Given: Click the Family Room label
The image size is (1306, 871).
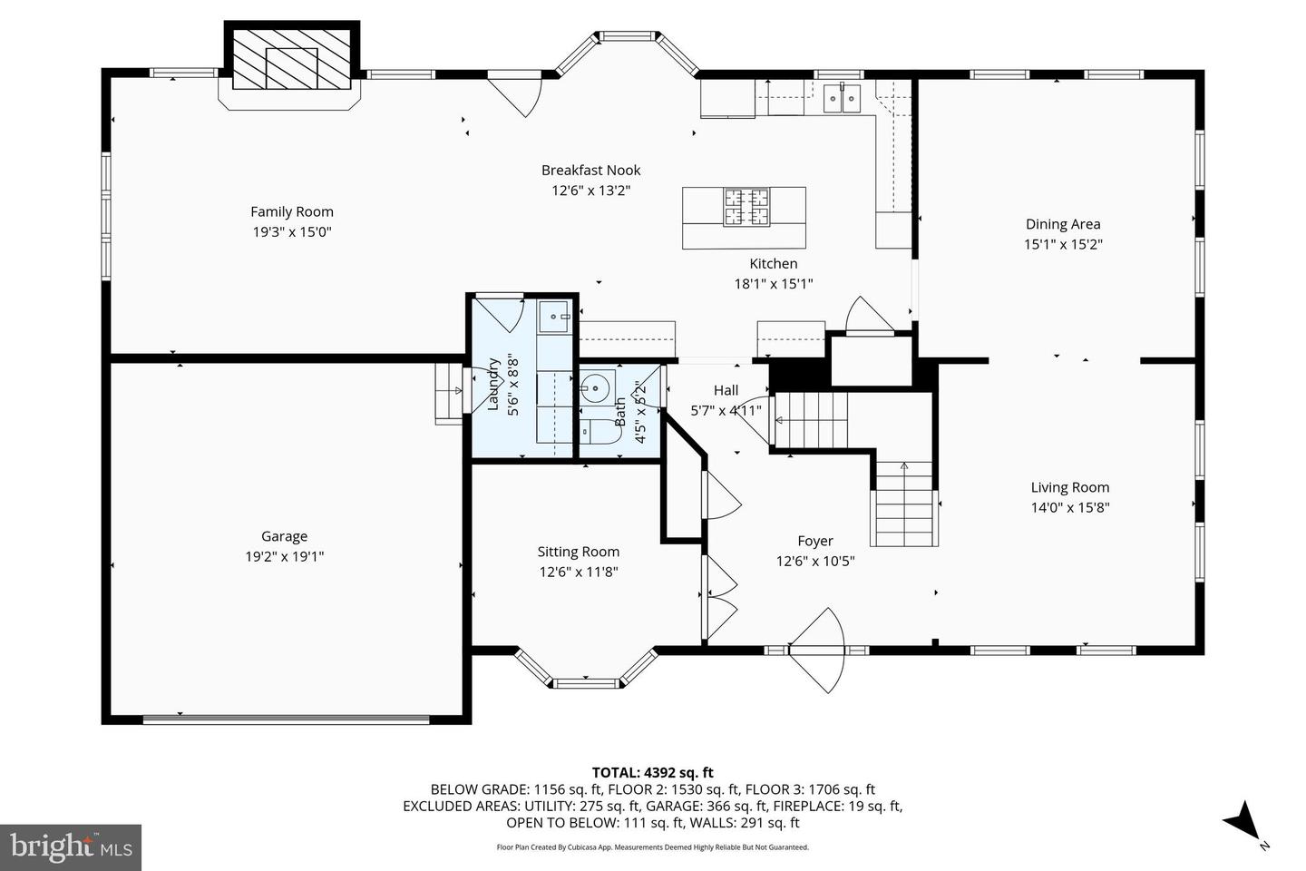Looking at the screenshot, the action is (x=291, y=211).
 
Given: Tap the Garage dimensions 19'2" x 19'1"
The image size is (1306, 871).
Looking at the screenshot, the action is (x=285, y=556).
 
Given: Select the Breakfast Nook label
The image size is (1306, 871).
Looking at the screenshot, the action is (x=590, y=171).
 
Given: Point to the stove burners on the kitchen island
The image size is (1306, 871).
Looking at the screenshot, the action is (x=746, y=207).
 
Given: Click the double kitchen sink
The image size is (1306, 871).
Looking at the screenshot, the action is (x=842, y=99).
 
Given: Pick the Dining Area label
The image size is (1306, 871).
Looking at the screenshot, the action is (x=1063, y=224).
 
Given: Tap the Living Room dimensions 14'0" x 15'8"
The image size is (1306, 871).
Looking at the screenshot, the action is (x=1070, y=507).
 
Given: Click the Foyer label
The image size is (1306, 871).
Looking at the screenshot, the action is (x=815, y=542).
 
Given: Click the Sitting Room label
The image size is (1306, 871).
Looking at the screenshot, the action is (x=579, y=552).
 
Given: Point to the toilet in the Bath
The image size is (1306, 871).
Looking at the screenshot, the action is (x=600, y=431).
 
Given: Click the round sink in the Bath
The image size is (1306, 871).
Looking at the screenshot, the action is (x=595, y=387).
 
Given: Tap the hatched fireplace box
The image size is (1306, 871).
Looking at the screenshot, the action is (x=291, y=60).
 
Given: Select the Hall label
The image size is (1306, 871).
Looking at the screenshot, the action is (x=726, y=390).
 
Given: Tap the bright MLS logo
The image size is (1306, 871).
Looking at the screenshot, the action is (x=71, y=847).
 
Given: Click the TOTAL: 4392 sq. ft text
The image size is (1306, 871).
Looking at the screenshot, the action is (x=652, y=772).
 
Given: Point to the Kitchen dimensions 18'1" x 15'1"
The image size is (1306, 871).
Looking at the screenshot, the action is (x=773, y=284).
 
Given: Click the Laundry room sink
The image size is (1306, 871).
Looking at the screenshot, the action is (x=553, y=317).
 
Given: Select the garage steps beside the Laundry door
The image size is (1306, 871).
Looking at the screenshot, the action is (x=449, y=394).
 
